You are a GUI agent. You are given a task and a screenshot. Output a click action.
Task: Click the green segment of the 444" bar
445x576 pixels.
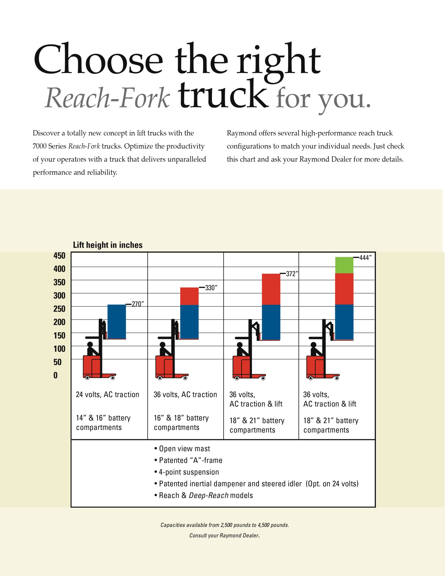(344, 265)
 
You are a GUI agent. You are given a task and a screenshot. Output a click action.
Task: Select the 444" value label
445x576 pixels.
(365, 258)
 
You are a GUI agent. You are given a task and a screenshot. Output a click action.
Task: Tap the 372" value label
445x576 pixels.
(292, 274)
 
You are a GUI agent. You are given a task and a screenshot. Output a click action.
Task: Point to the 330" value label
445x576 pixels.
(211, 288)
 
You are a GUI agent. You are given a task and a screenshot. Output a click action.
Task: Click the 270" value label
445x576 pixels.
(138, 304)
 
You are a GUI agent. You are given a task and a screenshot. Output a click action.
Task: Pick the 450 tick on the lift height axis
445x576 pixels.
(59, 256)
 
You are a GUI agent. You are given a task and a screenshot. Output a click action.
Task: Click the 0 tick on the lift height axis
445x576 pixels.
(55, 375)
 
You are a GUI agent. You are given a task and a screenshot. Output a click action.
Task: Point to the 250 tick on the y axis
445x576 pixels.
(59, 308)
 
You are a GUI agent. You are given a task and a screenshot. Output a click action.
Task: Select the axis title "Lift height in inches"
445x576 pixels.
(108, 245)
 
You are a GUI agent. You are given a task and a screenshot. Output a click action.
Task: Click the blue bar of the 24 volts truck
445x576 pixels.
(117, 322)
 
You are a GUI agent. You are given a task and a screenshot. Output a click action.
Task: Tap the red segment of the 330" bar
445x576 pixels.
(189, 296)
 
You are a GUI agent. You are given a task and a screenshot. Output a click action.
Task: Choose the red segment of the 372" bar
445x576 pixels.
(271, 289)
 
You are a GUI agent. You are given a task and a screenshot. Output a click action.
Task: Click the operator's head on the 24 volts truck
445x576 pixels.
(90, 345)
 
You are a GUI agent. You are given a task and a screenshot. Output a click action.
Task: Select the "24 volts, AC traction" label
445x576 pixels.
(107, 395)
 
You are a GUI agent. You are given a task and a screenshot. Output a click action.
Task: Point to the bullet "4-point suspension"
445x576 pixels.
(189, 472)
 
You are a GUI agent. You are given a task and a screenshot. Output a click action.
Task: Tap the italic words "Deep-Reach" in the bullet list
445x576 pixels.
(208, 495)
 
